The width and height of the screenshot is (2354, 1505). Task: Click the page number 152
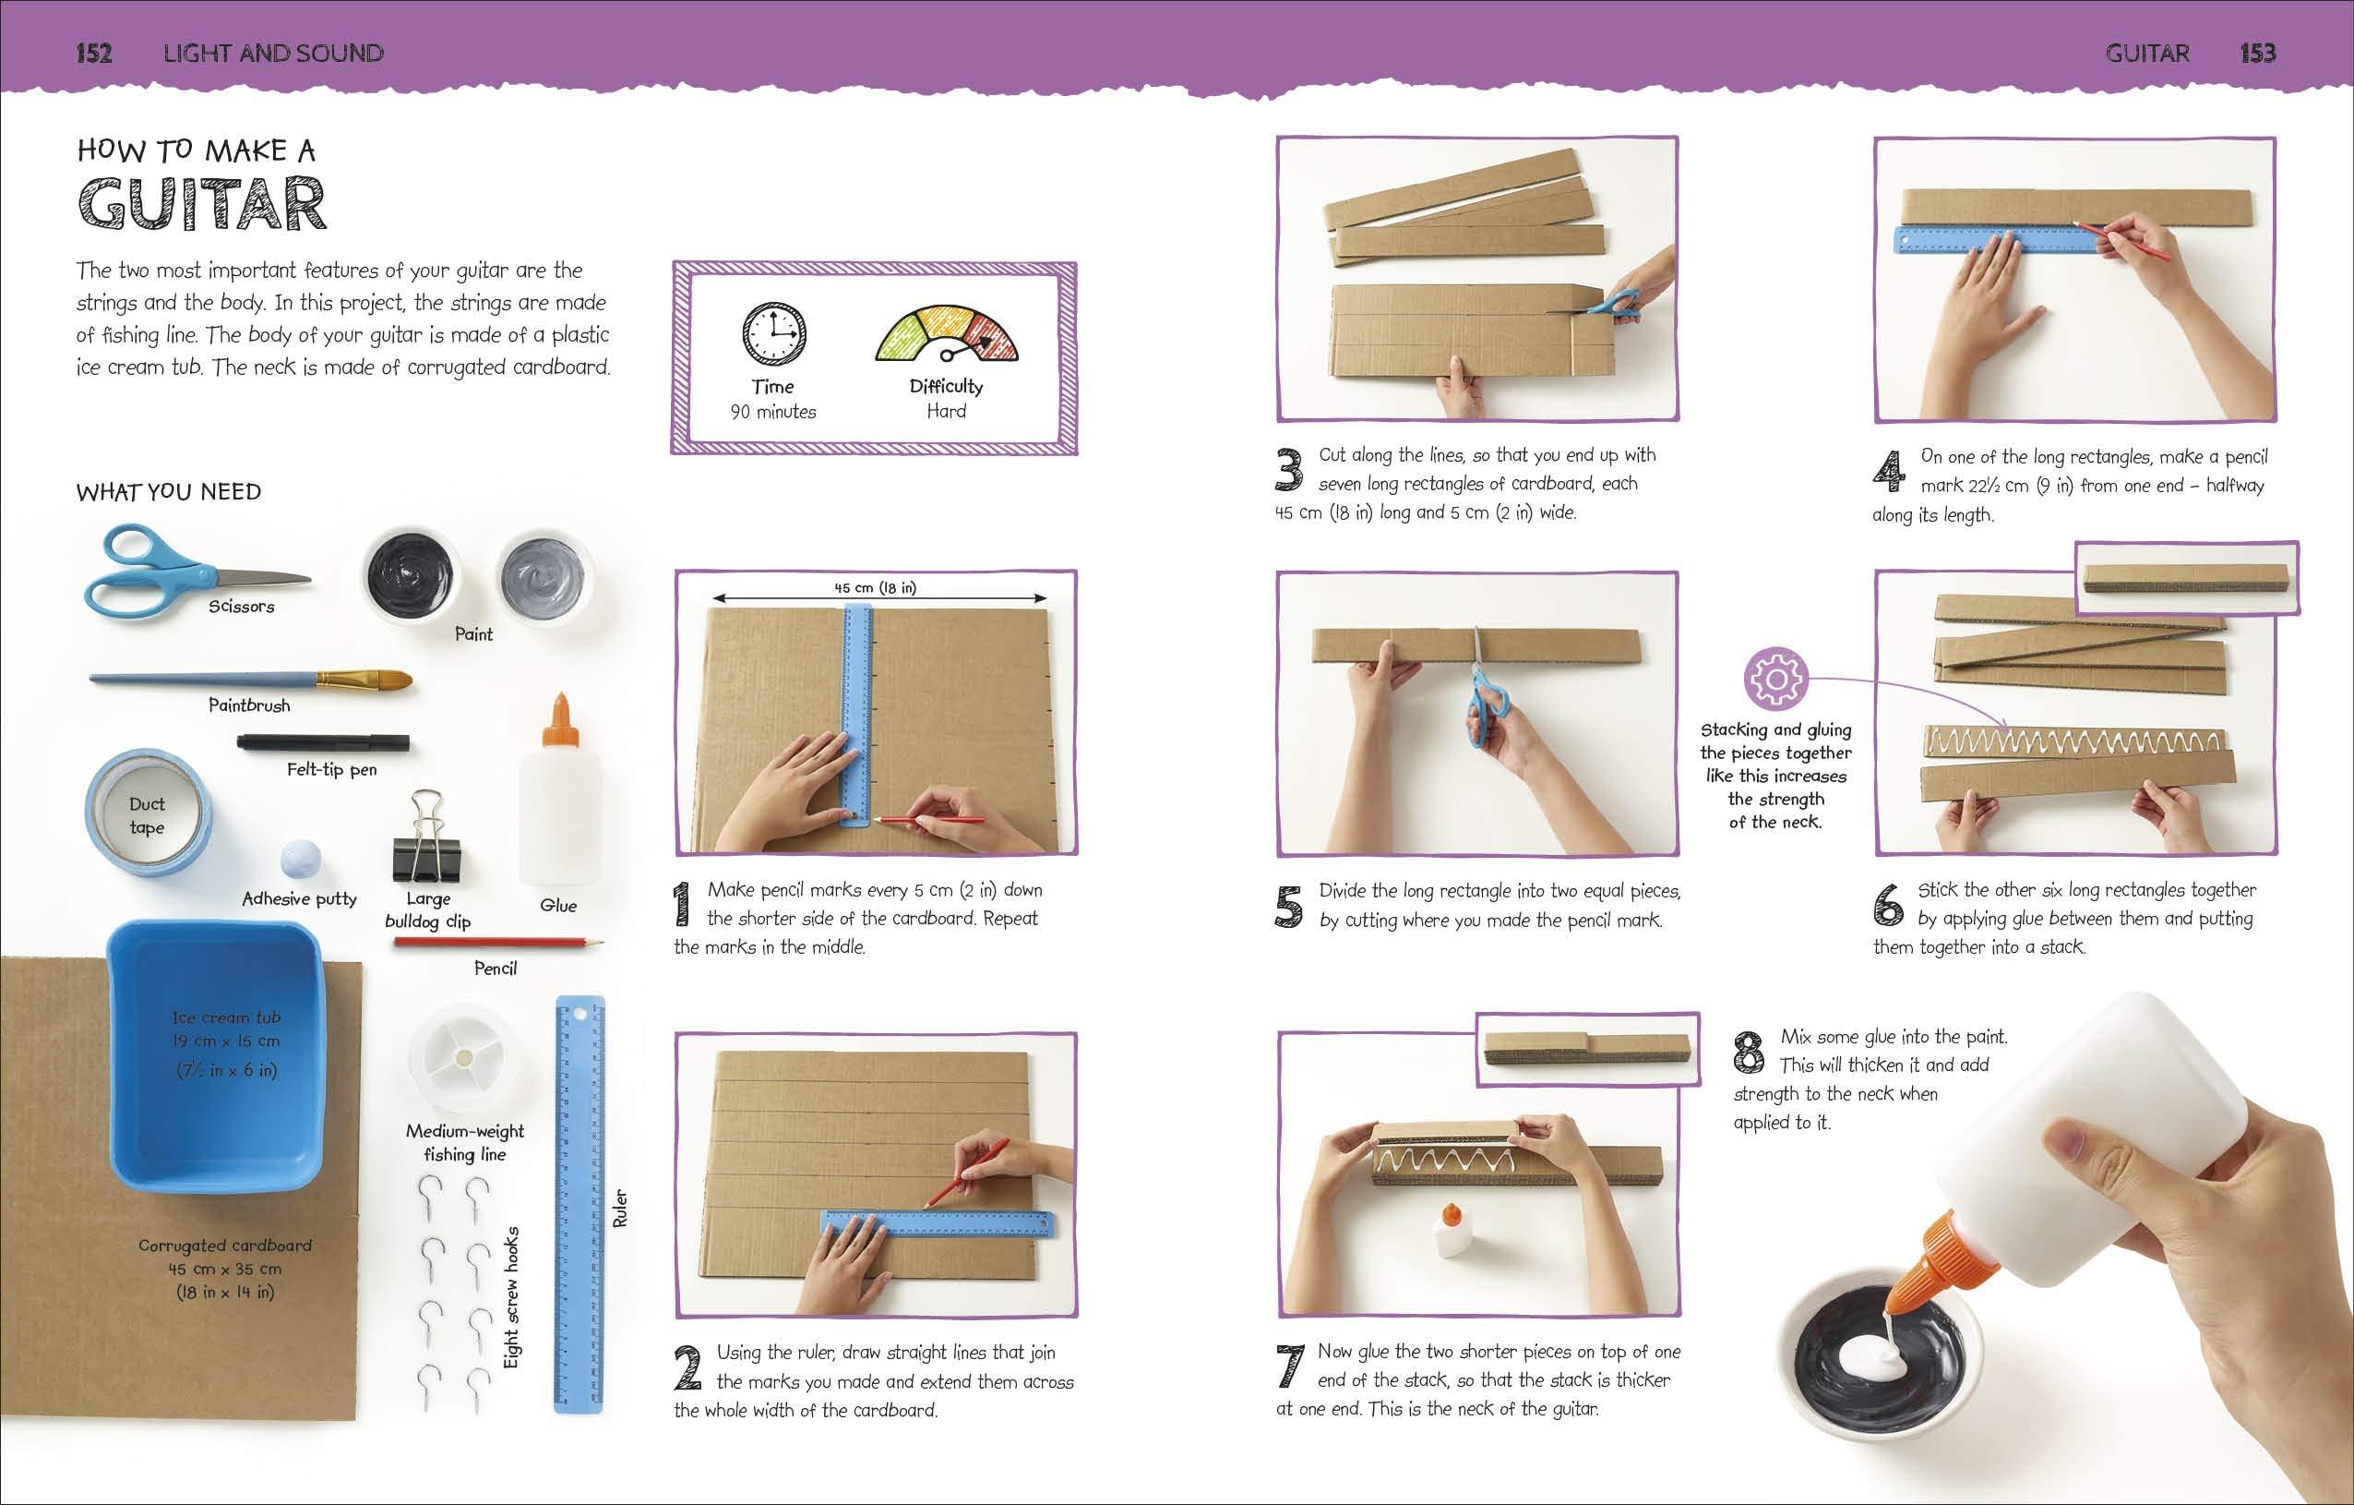pos(94,53)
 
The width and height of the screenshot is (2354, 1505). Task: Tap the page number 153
pos(2257,53)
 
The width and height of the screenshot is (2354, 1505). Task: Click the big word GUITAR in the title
pos(201,204)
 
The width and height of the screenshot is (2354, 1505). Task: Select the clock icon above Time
pos(774,334)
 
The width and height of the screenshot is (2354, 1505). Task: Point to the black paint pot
pos(410,575)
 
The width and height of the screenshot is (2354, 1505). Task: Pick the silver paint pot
pos(544,577)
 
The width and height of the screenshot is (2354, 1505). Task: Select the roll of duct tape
pos(148,812)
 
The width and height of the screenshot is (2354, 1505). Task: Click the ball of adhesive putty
pos(300,861)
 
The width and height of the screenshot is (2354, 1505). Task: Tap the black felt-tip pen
pos(324,743)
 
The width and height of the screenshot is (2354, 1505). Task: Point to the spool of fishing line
pos(463,1058)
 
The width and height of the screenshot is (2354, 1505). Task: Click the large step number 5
pos(1289,907)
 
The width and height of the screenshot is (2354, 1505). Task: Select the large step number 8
pos(1748,1053)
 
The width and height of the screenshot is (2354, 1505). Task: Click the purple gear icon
pos(1775,679)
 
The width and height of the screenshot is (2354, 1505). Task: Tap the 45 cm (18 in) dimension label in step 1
pos(875,588)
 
